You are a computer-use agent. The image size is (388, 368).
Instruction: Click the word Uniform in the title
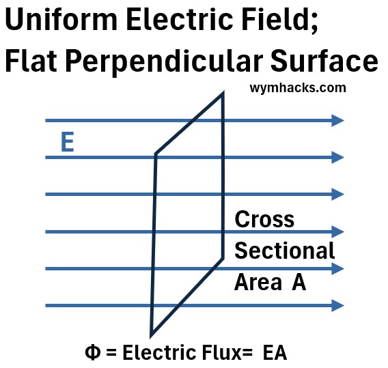61,19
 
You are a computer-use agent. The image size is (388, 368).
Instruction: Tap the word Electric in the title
180,19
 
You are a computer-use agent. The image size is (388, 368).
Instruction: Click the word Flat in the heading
31,61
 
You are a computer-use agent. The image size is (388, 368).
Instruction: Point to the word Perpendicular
163,62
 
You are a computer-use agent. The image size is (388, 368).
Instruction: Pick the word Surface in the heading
324,61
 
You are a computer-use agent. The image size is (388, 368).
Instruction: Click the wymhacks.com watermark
298,88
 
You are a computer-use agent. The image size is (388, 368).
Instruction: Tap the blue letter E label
68,142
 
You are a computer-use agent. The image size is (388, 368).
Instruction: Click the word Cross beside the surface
264,219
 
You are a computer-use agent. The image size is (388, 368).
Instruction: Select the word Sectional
285,251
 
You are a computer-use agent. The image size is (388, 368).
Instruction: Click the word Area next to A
258,282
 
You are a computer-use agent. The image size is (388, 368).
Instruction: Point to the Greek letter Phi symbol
92,352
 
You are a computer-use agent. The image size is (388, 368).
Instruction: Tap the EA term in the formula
275,352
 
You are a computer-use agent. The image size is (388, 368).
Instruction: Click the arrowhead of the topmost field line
337,120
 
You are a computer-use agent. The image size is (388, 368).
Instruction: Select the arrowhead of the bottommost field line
337,305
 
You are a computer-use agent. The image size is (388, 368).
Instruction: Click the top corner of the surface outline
223,93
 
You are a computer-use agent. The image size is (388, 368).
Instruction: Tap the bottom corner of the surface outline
151,336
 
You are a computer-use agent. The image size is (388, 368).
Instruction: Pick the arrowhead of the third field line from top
337,194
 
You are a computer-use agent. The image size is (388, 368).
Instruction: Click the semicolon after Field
314,23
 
